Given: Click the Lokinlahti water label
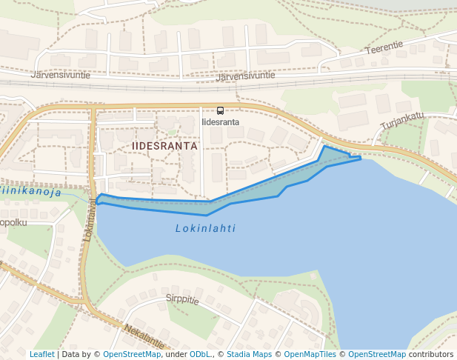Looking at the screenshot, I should pos(205,229).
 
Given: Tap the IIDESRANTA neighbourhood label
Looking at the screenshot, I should pos(164,146).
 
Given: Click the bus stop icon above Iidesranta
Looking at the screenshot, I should pos(220,110).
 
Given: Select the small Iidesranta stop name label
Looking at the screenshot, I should pos(220,122).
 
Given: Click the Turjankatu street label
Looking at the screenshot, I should pos(401,119).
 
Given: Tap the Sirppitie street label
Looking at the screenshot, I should pos(182,300).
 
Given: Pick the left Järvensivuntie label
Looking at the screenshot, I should pos(61,75).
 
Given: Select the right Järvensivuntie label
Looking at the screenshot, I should pos(246,76).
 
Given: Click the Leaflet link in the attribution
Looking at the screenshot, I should pos(41,354).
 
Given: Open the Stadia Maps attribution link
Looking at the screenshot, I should pos(249,354).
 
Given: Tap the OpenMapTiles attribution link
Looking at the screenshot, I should pos(311,354).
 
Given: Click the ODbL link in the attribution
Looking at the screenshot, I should pos(199,354).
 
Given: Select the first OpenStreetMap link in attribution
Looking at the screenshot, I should pos(132,354).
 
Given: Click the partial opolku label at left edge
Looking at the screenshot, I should pos(13,221).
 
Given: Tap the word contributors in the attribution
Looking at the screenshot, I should pos(431,354).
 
